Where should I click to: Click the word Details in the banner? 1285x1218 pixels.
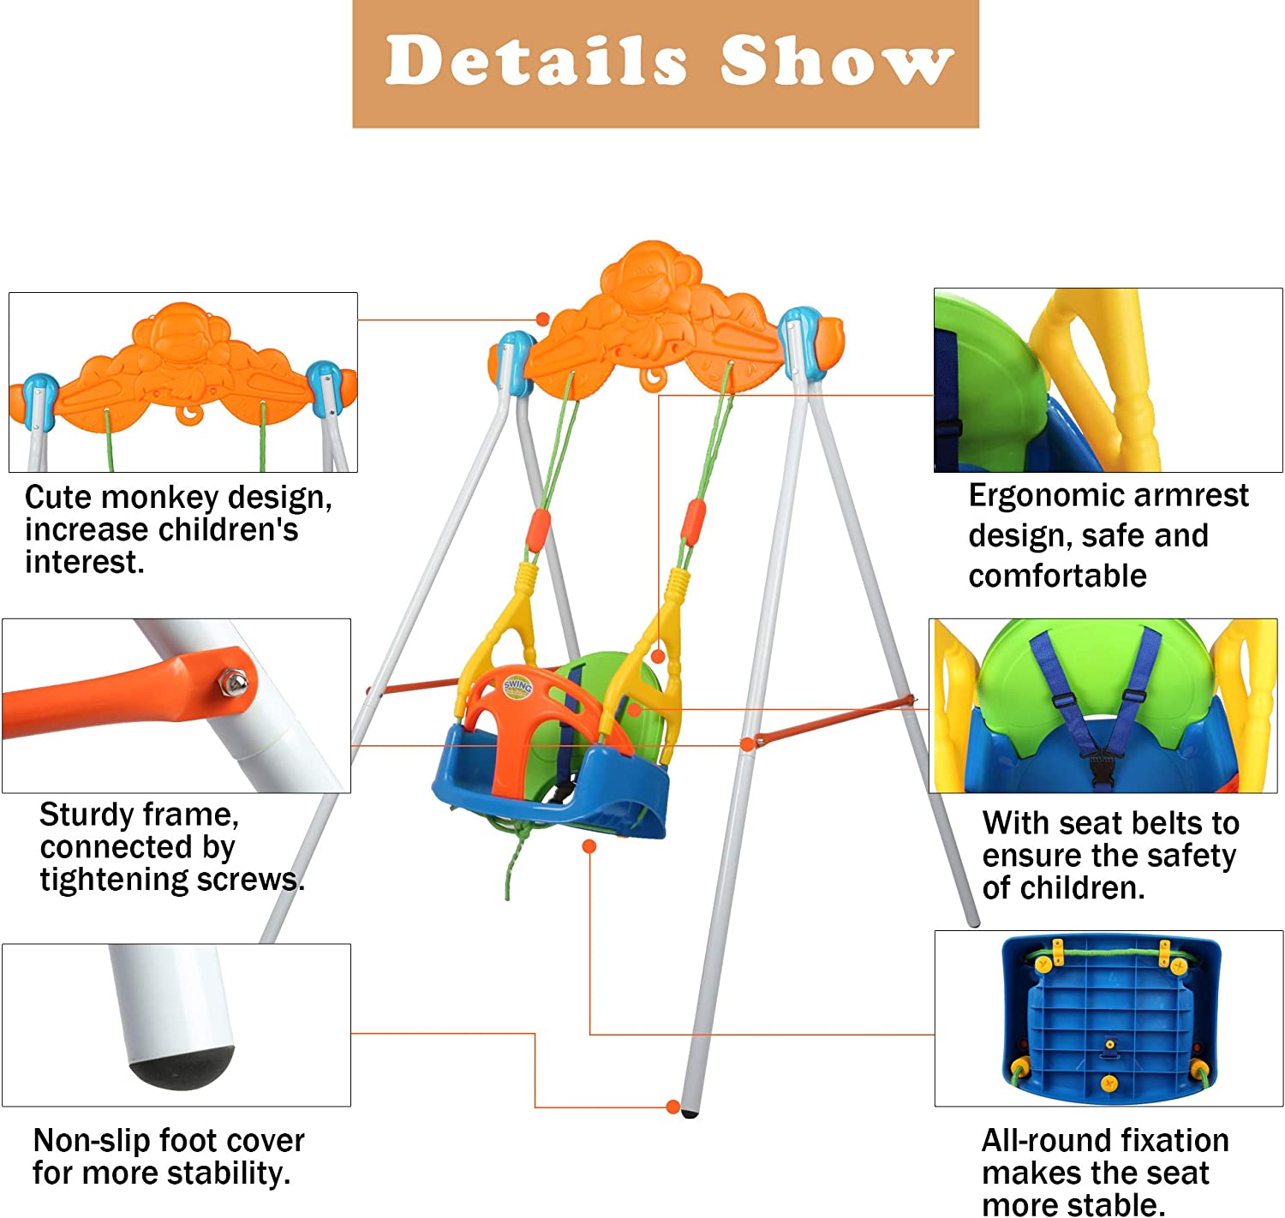[x=535, y=61]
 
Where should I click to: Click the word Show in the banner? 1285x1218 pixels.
[x=836, y=61]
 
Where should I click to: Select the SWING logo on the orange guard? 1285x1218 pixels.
[x=518, y=685]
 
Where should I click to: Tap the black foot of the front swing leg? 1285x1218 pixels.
[x=690, y=1113]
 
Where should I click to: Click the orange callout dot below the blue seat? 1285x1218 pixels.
[x=589, y=846]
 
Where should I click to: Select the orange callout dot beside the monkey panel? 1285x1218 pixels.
[x=542, y=319]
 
